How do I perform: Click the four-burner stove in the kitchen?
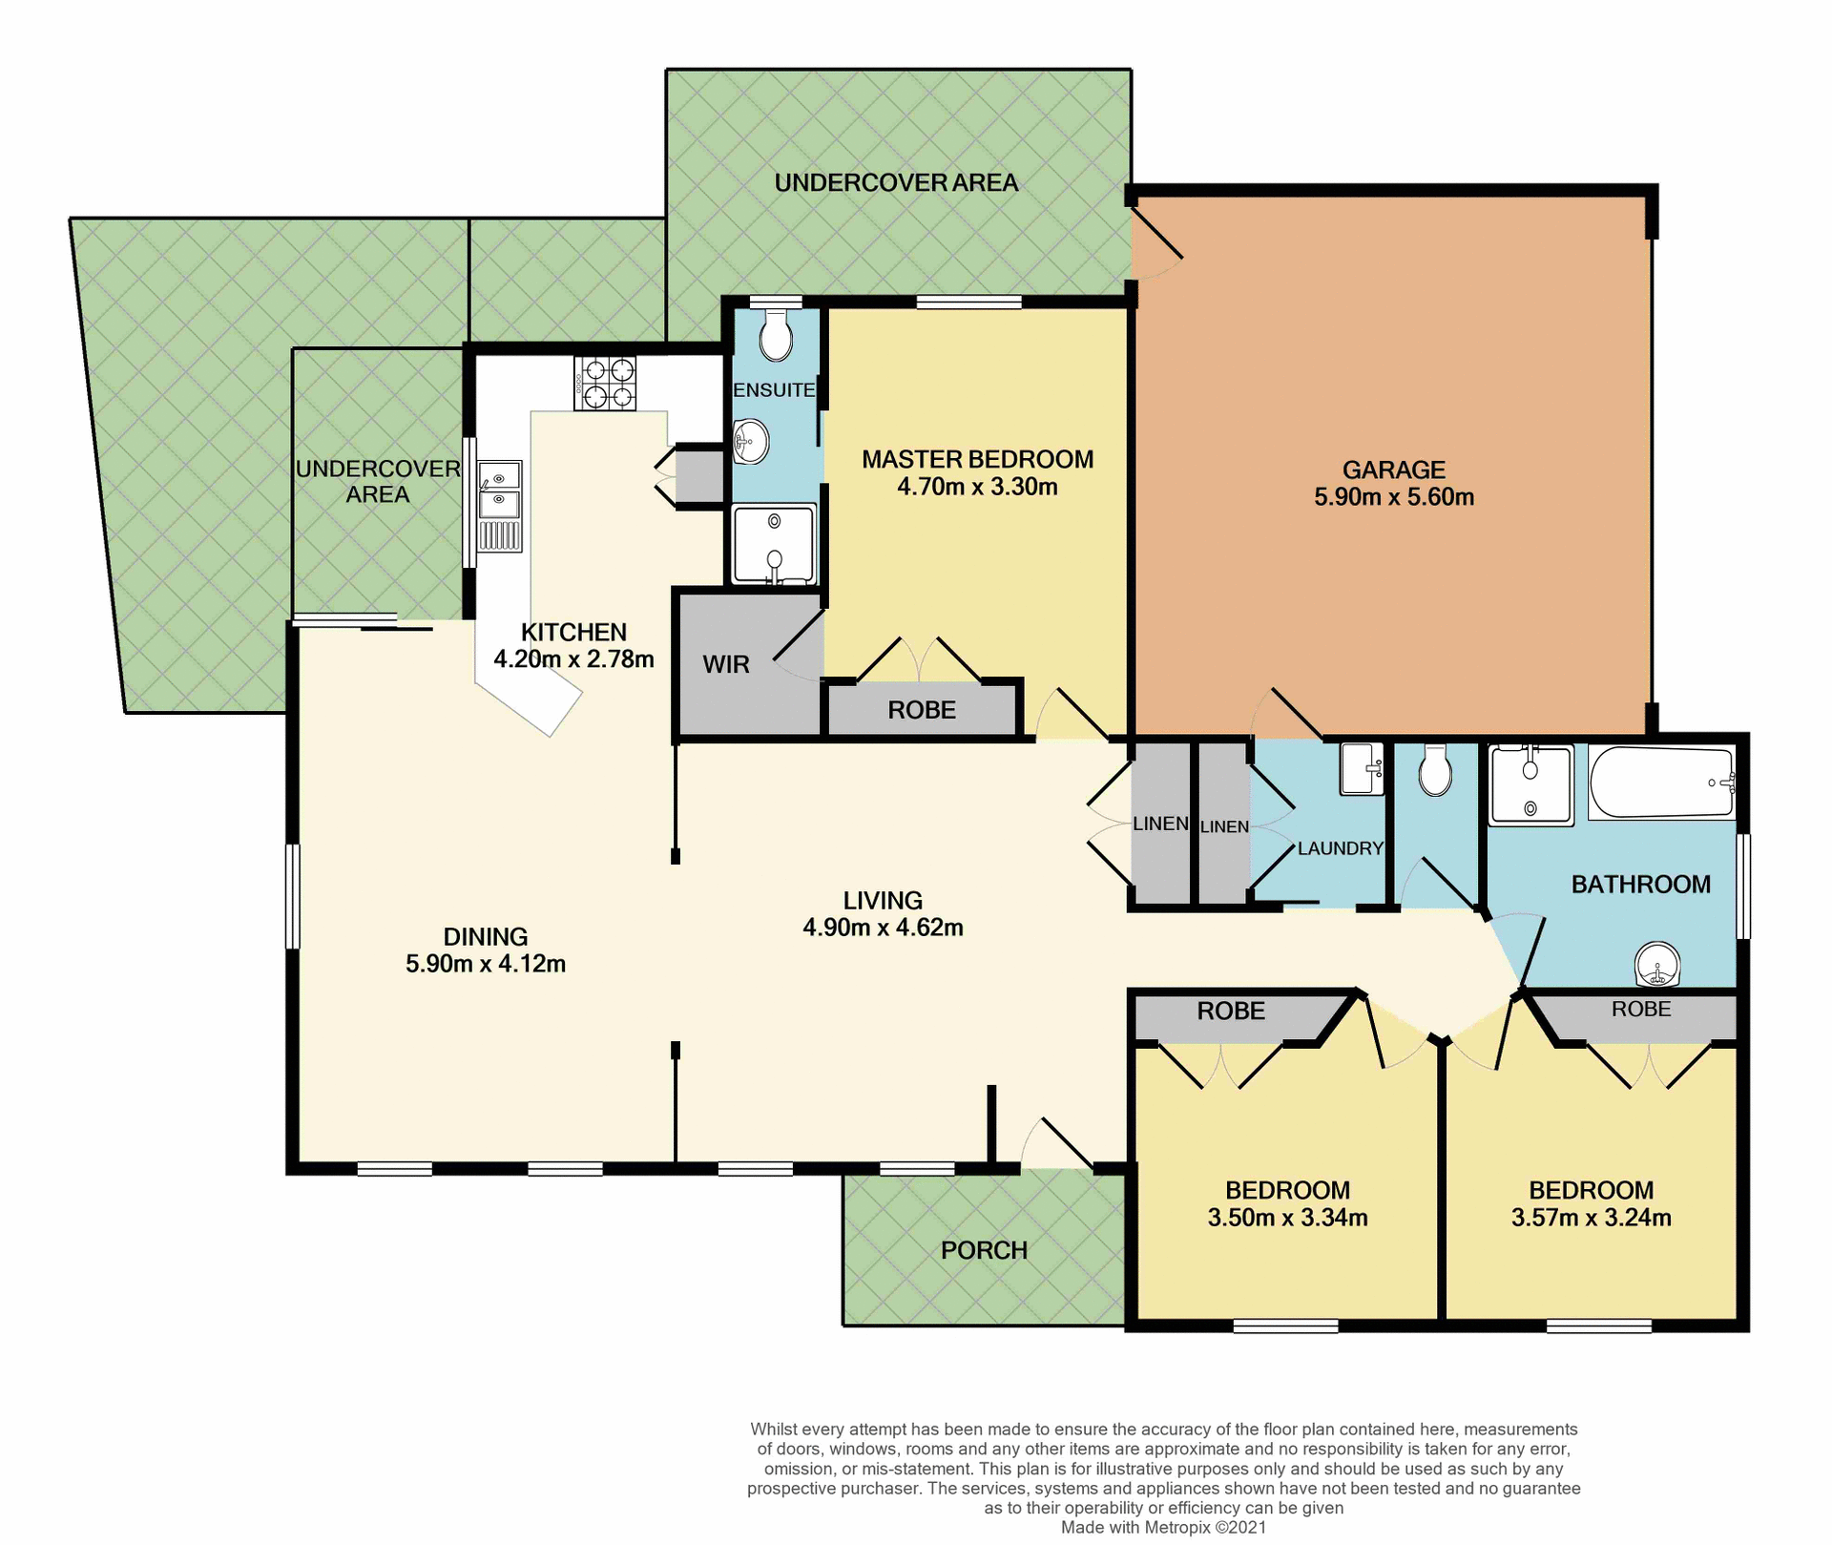click(605, 383)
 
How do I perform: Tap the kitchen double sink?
click(499, 491)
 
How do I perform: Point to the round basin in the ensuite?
click(751, 442)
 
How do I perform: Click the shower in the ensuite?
click(774, 544)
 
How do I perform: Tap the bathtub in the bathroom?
click(1661, 783)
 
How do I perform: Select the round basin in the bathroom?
click(1657, 964)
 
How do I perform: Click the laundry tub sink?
click(1361, 768)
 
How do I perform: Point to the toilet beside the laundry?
click(1435, 770)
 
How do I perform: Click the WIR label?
click(726, 665)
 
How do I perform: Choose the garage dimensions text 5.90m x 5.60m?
click(1393, 497)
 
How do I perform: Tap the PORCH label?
click(984, 1250)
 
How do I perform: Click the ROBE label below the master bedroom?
click(921, 710)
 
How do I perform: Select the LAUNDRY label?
click(1340, 848)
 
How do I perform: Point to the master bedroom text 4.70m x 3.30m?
click(977, 487)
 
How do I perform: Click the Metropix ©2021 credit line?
click(1163, 1527)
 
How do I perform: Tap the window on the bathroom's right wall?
click(1742, 887)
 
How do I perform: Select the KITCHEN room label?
click(573, 632)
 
